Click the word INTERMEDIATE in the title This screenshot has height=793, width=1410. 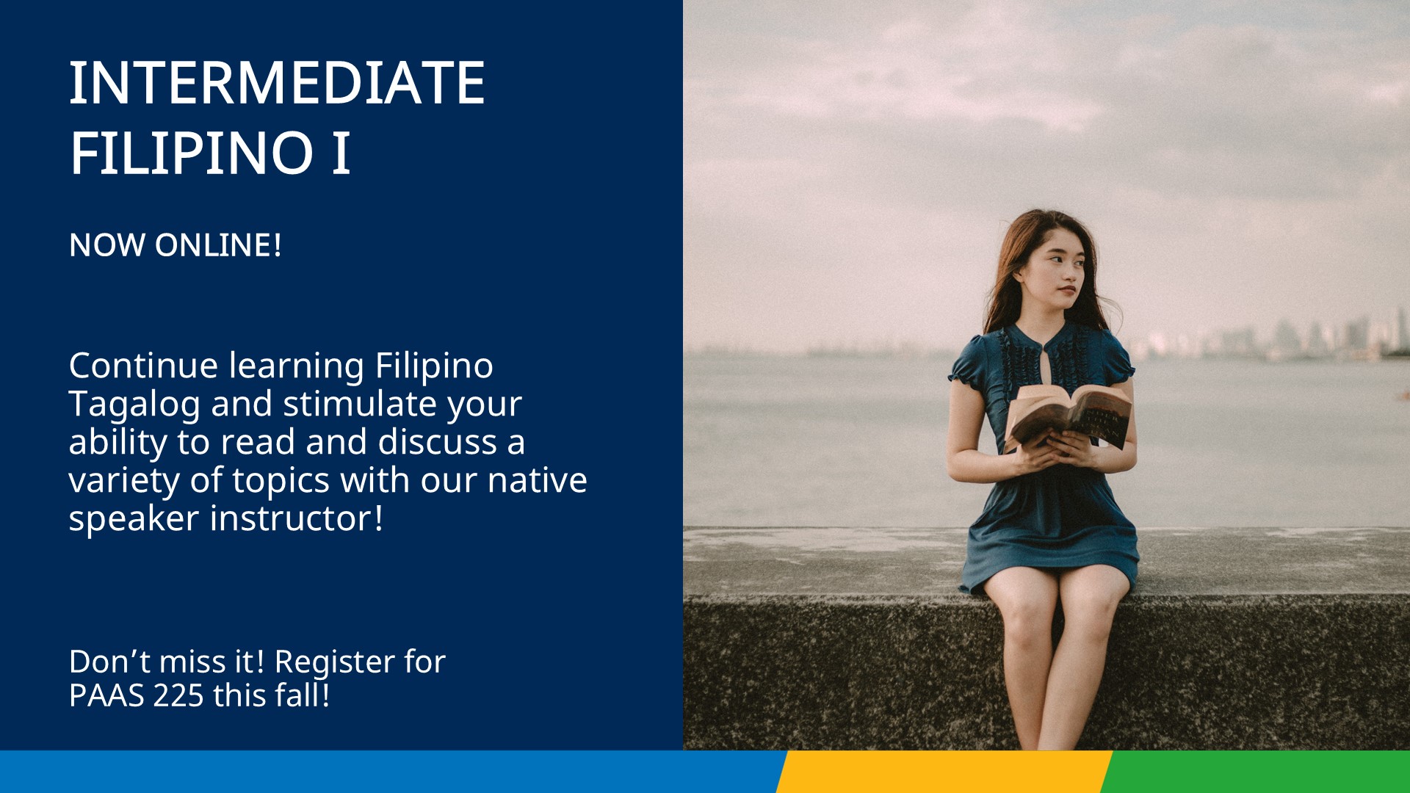[277, 83]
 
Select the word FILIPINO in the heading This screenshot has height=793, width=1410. [192, 153]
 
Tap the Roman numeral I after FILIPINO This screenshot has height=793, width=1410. [341, 153]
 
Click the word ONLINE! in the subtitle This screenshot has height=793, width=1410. [218, 245]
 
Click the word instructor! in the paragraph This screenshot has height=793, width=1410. [297, 518]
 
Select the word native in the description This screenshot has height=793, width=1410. [537, 479]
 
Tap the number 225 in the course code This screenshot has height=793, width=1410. [178, 695]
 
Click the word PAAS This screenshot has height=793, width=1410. [106, 695]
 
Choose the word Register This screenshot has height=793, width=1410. [335, 663]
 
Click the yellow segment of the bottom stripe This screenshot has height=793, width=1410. [944, 772]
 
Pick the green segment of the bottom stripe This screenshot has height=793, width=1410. [1255, 772]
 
